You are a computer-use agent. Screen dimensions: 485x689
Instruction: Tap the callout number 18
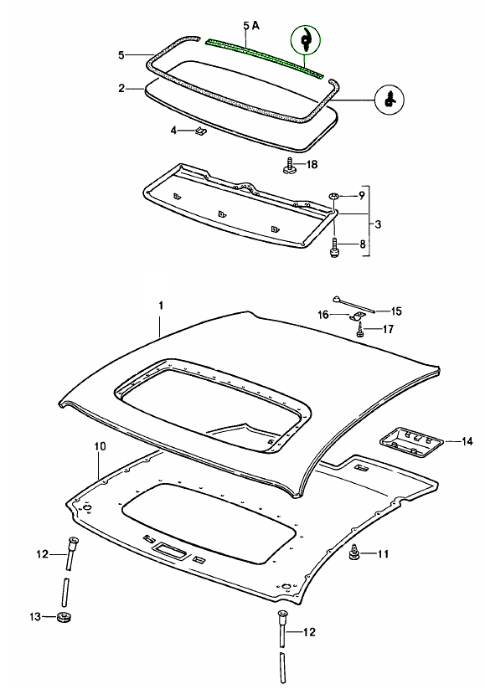tap(312, 164)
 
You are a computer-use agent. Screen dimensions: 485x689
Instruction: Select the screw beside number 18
tap(289, 165)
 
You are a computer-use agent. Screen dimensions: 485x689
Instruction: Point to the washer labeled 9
tap(333, 196)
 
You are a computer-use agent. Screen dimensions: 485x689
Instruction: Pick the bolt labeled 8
tap(335, 246)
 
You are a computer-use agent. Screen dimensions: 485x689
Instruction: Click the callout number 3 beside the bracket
tap(378, 224)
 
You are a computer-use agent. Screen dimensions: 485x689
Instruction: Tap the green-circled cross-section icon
tap(305, 40)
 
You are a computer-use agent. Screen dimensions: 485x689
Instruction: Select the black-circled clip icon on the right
tap(390, 100)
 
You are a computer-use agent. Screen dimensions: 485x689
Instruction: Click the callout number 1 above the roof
tap(161, 305)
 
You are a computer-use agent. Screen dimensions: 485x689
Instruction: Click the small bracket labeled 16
tap(357, 316)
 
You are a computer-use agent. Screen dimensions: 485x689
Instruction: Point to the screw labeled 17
tap(360, 331)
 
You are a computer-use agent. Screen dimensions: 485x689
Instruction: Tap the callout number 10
tap(101, 446)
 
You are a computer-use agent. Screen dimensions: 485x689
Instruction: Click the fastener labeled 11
tap(353, 553)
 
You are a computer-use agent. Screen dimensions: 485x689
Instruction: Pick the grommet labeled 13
tap(64, 616)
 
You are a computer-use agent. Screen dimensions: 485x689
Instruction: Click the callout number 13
tap(35, 616)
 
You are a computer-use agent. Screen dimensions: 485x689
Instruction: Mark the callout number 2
tap(121, 88)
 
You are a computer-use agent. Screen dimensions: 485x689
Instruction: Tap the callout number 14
tap(467, 441)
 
